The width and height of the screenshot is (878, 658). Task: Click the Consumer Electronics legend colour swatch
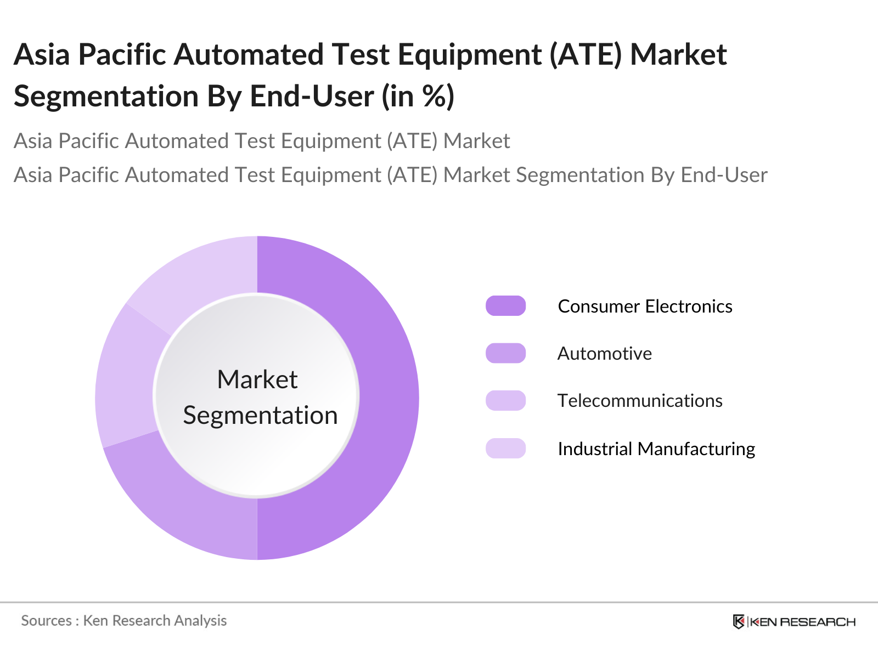[x=505, y=306]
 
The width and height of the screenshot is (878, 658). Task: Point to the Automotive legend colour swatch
[x=505, y=353]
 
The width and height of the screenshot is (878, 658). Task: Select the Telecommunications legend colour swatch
[x=505, y=400]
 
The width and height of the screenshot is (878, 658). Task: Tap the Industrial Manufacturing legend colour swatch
[x=505, y=448]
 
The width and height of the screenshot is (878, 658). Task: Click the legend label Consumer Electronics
[x=645, y=307]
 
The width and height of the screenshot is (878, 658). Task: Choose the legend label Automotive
[x=604, y=354]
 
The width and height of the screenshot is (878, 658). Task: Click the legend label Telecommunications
[x=640, y=401]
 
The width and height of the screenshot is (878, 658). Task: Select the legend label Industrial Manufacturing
[x=656, y=449]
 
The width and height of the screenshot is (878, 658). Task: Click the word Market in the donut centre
[x=257, y=379]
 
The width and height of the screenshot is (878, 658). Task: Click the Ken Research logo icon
[x=739, y=622]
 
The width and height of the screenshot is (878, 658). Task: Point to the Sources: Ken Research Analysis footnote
[x=123, y=621]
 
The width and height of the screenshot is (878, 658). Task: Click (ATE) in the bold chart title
[x=586, y=55]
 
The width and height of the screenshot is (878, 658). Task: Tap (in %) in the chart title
[x=418, y=97]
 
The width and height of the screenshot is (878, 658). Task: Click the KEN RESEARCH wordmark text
[x=802, y=622]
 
